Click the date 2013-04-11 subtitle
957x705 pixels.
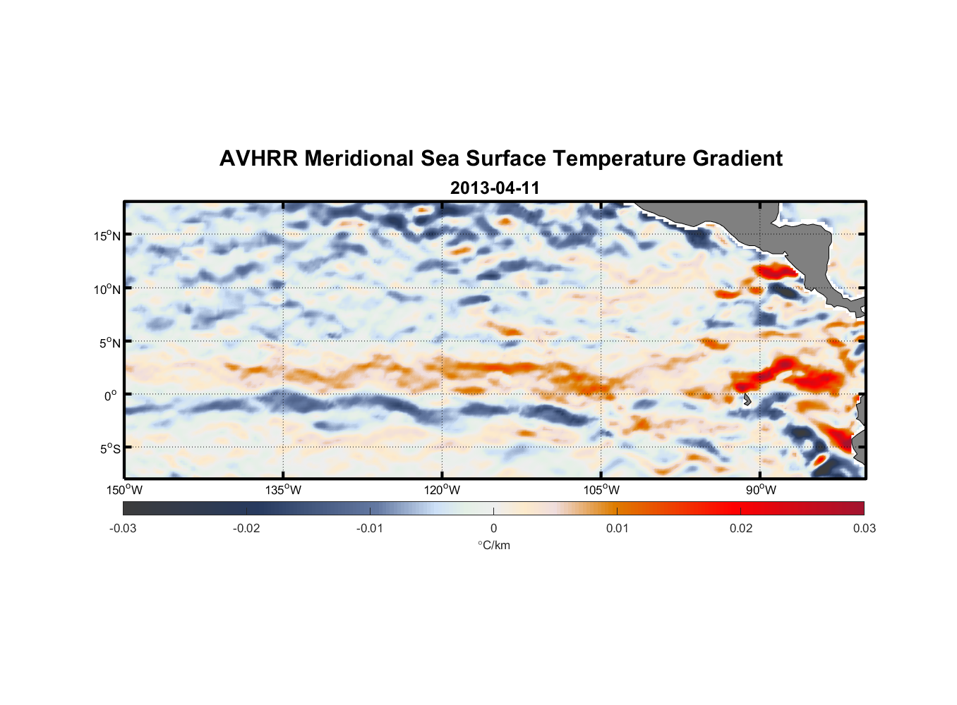point(495,188)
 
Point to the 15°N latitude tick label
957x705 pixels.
point(107,235)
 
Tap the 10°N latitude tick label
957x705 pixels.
point(107,289)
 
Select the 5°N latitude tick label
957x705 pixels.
point(109,343)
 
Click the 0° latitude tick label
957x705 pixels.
point(111,396)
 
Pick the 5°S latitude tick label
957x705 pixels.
point(109,448)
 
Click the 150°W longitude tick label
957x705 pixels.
point(124,490)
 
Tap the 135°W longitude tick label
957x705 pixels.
point(283,490)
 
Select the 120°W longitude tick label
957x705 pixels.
point(442,490)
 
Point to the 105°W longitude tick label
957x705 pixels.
point(601,490)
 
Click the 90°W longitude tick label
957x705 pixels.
point(761,490)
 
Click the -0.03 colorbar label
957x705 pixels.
point(123,528)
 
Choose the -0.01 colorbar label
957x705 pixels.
point(370,528)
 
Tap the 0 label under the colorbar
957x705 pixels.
point(493,528)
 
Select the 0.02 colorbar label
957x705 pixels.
point(741,528)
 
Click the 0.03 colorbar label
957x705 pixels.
point(864,528)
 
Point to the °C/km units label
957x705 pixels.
point(494,545)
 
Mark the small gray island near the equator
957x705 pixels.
point(747,400)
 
